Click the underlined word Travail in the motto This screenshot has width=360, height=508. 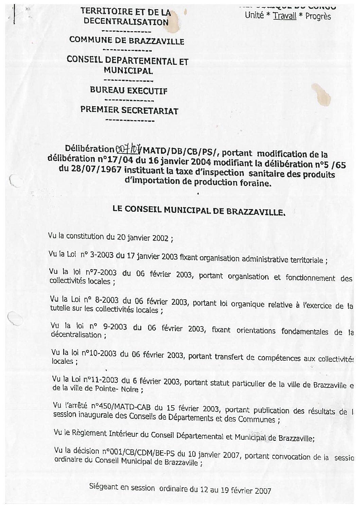pyautogui.click(x=285, y=15)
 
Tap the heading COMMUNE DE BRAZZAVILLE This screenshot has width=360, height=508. pyautogui.click(x=127, y=41)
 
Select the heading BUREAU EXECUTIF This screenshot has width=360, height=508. pyautogui.click(x=129, y=91)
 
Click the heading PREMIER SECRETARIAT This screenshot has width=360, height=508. pyautogui.click(x=129, y=110)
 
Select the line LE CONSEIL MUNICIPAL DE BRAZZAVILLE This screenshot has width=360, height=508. pyautogui.click(x=199, y=211)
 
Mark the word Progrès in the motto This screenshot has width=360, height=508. pyautogui.click(x=318, y=16)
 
